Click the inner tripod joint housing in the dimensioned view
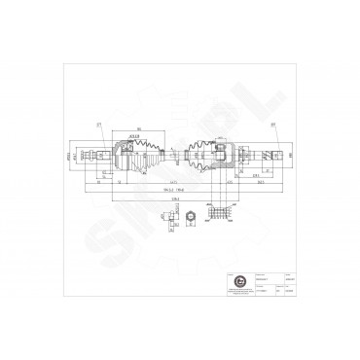point(223,153)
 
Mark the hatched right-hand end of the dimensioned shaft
point(275,154)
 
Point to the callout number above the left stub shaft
point(99,124)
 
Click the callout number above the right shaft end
point(274,124)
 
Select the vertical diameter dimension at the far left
point(82,154)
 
